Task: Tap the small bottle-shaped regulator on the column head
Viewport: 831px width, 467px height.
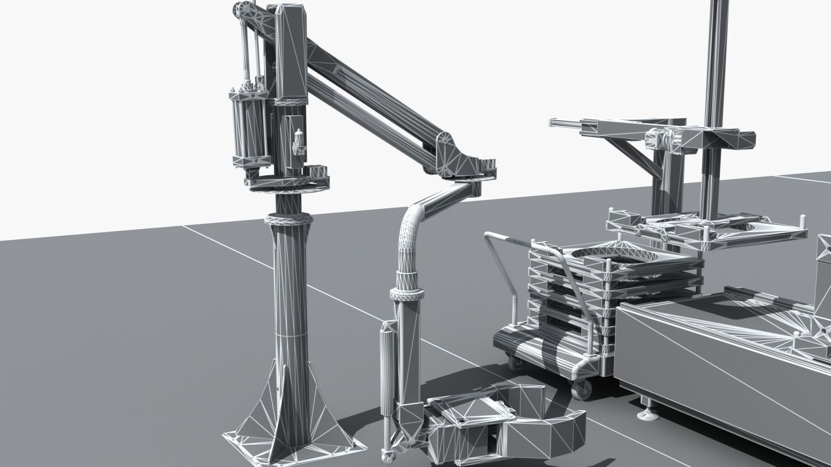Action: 299,140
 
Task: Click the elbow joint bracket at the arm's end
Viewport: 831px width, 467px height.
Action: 448,153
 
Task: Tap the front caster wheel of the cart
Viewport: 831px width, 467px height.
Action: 581,389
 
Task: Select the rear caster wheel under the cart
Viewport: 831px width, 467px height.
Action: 516,361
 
